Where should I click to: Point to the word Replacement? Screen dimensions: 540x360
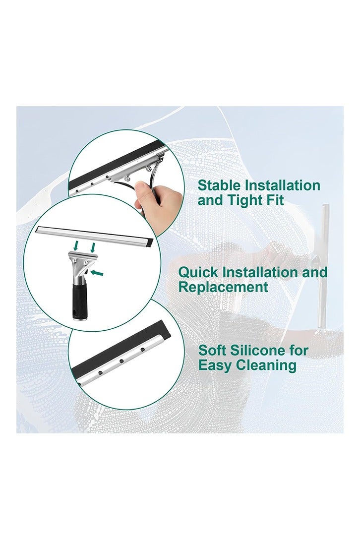pyautogui.click(x=223, y=287)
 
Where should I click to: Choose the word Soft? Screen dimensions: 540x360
pyautogui.click(x=213, y=351)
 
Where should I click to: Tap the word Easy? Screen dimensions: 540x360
pyautogui.click(x=214, y=365)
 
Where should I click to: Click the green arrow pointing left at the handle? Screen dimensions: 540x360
pyautogui.click(x=99, y=272)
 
